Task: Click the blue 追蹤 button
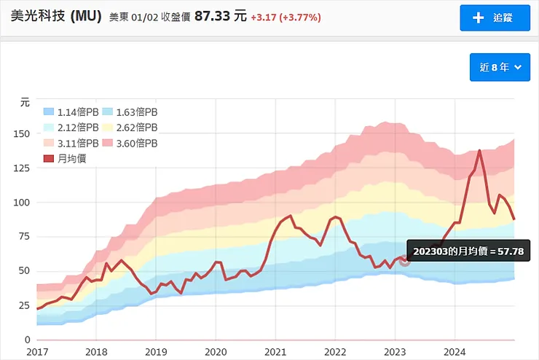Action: click(495, 17)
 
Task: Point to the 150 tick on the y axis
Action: click(22, 133)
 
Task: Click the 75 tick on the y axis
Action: click(24, 236)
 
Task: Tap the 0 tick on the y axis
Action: click(27, 340)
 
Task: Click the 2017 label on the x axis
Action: click(36, 351)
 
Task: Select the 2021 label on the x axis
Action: click(275, 351)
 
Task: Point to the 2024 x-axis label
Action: click(455, 351)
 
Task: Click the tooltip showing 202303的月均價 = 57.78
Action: click(468, 251)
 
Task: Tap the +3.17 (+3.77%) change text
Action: click(286, 17)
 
